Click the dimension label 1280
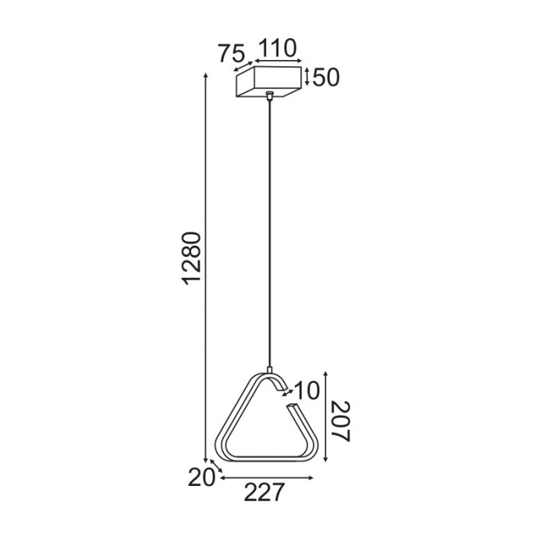[x=192, y=257]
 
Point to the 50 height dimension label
[x=326, y=78]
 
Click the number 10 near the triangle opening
[x=308, y=390]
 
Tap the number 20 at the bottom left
[x=200, y=477]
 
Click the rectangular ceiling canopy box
[x=268, y=82]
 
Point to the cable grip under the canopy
[x=269, y=97]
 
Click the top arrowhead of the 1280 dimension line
[x=206, y=76]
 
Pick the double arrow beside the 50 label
[x=307, y=76]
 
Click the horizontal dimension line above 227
[x=266, y=477]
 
